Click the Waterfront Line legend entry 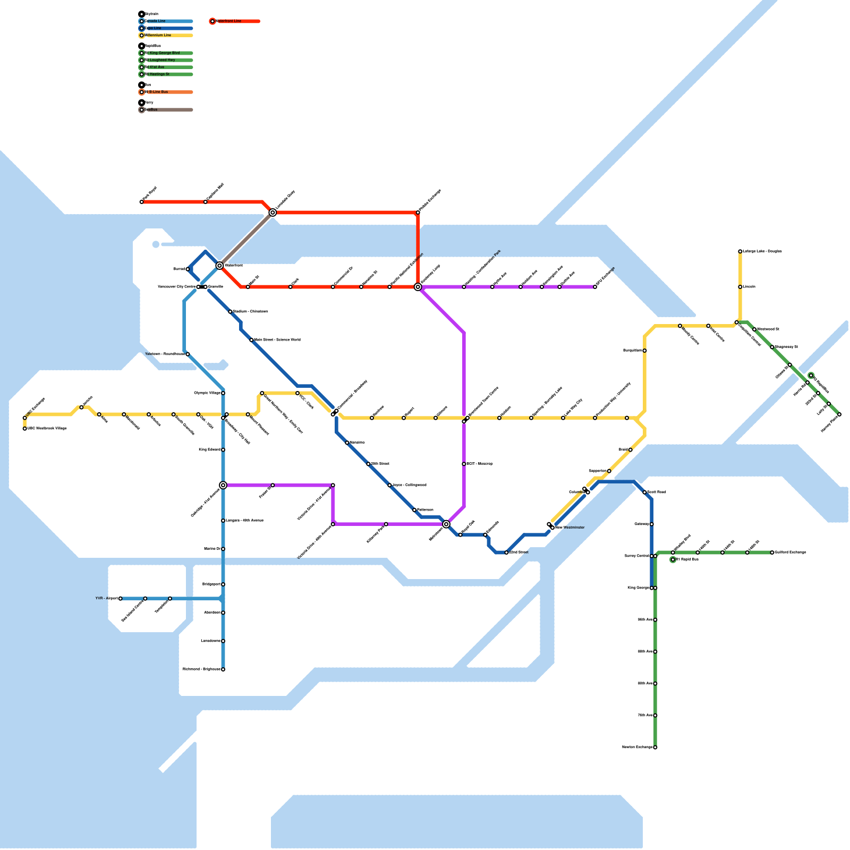click(x=228, y=21)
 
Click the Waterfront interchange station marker click(x=219, y=266)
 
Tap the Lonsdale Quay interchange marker click(x=273, y=212)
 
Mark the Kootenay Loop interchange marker click(x=418, y=287)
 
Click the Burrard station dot click(x=188, y=269)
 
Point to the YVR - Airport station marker click(x=121, y=599)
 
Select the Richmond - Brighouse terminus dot click(x=223, y=669)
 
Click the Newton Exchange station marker click(x=655, y=747)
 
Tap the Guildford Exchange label click(x=790, y=552)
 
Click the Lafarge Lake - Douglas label click(x=762, y=251)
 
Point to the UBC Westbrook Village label click(x=47, y=428)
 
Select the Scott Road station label click(x=657, y=492)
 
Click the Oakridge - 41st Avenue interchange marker click(x=223, y=485)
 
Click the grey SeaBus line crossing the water click(x=246, y=239)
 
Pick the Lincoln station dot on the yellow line click(x=740, y=287)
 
